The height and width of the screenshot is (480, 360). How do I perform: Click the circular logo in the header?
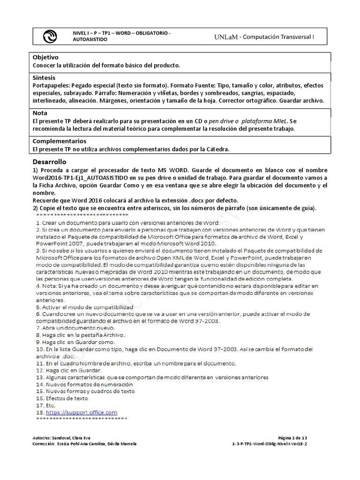[x=49, y=36]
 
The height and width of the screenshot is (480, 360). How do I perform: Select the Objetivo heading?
[x=45, y=57]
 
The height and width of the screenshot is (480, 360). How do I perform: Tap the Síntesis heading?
[x=44, y=77]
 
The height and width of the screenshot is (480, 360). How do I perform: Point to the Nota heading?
[x=40, y=113]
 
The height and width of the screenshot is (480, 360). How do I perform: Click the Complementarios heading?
[x=60, y=141]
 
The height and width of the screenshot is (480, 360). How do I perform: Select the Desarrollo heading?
[x=50, y=161]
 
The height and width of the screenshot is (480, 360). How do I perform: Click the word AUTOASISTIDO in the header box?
[x=90, y=40]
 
